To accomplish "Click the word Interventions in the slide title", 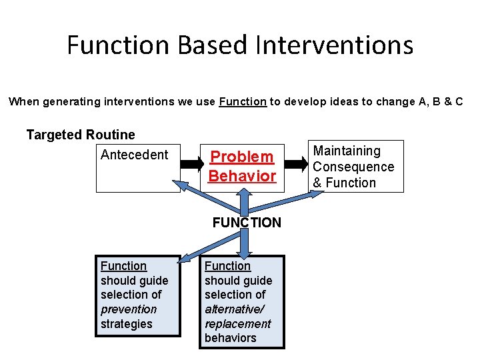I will click(335, 45).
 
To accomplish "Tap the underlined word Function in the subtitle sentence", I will click(243, 102).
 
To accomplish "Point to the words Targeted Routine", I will click(81, 135).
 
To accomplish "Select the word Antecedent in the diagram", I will click(134, 155).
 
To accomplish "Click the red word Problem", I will click(242, 157).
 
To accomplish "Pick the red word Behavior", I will click(242, 176).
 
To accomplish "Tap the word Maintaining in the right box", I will click(347, 151).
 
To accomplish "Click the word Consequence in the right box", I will click(353, 167).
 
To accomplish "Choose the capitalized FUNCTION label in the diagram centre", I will click(247, 223).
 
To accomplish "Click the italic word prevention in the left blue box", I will click(129, 309).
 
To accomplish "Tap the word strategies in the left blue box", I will click(127, 324).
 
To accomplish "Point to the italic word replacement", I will click(238, 324).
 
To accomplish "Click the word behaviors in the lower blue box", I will click(230, 338).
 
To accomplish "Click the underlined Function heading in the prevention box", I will click(123, 266).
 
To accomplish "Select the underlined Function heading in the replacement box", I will click(227, 266).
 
